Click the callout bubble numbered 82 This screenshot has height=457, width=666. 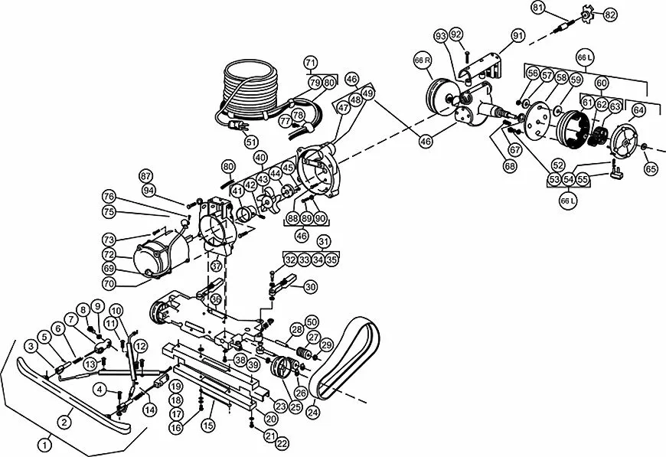click(x=610, y=15)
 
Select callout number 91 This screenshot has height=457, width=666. click(x=518, y=36)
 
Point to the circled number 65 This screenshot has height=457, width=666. click(x=650, y=168)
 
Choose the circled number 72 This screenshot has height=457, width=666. click(x=109, y=254)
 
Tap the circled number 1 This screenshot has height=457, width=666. click(x=46, y=443)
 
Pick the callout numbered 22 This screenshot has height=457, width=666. click(x=282, y=443)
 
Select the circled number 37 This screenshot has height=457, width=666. click(x=217, y=266)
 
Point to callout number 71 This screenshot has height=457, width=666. click(x=310, y=62)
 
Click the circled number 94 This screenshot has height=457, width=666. click(x=147, y=190)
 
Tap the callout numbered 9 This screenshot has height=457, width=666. click(x=98, y=307)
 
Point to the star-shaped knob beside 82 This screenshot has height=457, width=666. click(x=587, y=15)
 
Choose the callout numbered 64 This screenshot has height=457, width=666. click(x=638, y=109)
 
